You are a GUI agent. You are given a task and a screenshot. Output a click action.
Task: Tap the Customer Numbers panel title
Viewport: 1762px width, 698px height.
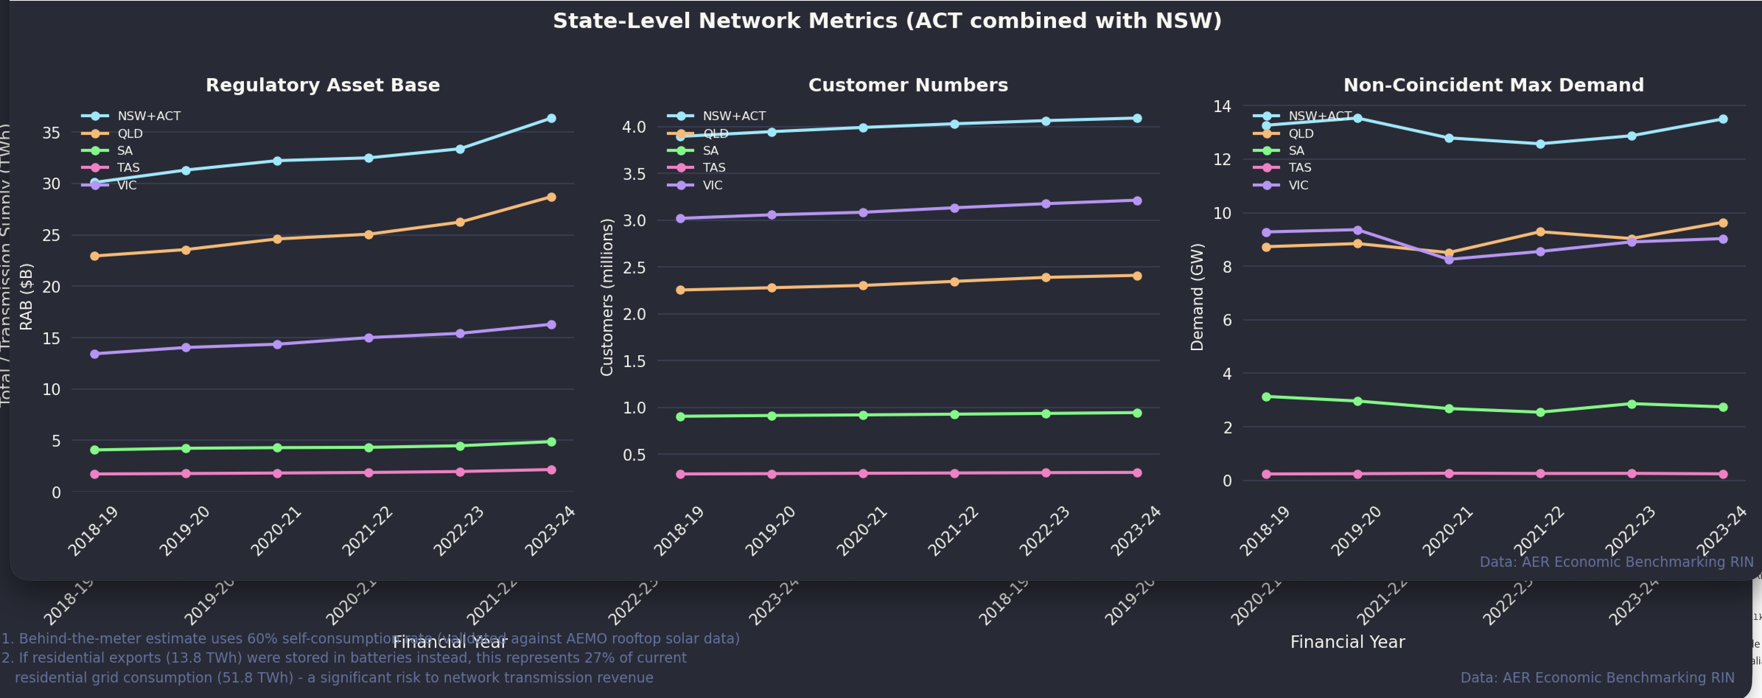908,85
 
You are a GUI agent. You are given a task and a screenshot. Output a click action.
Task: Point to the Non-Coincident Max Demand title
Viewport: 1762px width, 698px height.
1493,85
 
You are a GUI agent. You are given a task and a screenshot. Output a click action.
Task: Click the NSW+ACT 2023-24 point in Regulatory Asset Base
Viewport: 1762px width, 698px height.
551,118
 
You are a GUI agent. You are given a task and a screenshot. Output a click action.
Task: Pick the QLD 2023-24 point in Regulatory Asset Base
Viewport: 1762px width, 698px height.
551,197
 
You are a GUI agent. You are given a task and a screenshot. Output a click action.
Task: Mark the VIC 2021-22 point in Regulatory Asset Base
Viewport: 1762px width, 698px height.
369,337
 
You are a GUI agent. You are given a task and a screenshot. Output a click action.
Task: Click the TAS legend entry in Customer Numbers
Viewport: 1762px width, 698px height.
713,168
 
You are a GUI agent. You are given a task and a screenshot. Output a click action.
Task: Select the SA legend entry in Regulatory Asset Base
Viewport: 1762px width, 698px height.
125,151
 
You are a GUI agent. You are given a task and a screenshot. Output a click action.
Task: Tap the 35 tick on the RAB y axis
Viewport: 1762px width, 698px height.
51,133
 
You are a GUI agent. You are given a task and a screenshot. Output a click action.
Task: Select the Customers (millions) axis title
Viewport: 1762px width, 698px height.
607,297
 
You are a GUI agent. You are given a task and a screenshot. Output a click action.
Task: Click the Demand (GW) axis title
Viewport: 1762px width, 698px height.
1197,297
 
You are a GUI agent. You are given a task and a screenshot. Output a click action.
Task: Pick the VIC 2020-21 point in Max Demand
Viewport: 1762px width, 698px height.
1449,259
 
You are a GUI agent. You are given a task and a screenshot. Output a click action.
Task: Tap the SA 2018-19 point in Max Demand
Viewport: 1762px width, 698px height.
1266,397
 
